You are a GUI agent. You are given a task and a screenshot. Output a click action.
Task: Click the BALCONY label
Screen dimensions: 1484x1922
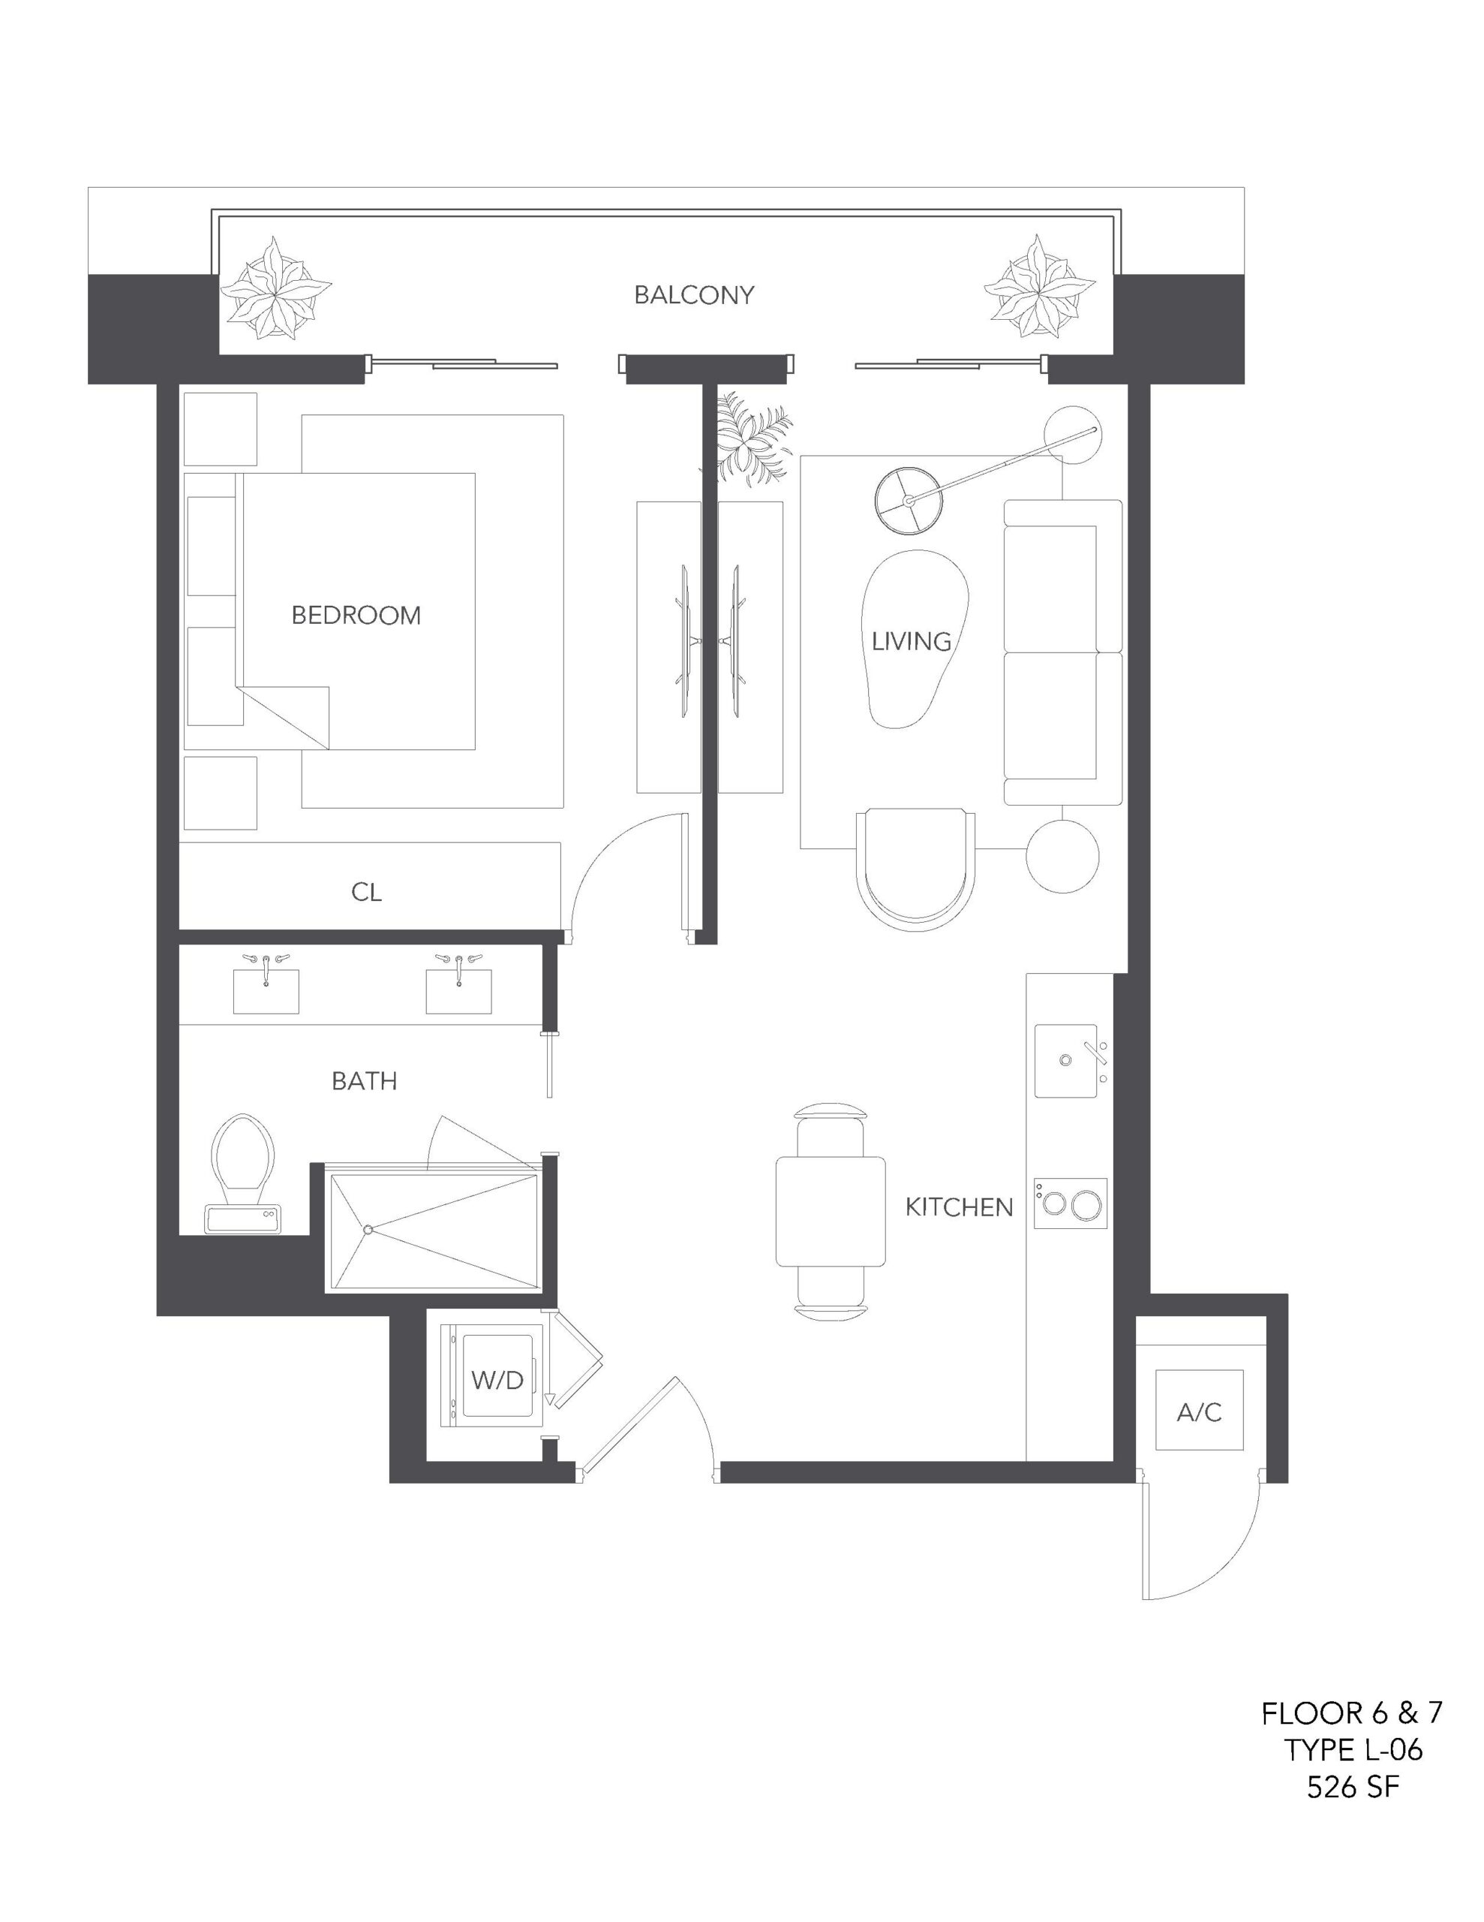(694, 295)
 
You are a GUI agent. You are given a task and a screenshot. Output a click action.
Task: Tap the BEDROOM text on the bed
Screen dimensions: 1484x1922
(356, 615)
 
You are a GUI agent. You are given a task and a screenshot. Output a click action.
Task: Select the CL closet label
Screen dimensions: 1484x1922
(367, 893)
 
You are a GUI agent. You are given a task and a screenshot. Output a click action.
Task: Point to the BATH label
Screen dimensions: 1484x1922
(364, 1080)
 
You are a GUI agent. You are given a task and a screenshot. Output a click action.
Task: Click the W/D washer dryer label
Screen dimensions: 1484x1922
(497, 1381)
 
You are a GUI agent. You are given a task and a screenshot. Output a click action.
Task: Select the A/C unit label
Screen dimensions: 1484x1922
(1199, 1412)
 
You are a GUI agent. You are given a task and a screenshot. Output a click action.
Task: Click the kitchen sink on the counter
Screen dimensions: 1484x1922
(1071, 1060)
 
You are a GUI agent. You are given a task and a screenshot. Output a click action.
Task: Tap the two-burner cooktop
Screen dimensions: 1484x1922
(1071, 1203)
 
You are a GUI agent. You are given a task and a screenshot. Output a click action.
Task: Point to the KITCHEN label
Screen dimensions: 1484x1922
(959, 1207)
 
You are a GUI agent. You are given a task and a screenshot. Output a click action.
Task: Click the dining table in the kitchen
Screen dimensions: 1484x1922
(831, 1211)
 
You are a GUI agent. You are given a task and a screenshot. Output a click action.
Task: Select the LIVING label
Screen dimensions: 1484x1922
(912, 642)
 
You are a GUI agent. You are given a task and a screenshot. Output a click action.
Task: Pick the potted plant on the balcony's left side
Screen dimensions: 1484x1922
(275, 287)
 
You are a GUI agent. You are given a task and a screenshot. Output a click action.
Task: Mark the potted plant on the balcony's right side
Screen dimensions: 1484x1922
(1040, 287)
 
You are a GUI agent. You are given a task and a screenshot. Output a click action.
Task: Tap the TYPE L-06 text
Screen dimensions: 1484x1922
(1352, 1749)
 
